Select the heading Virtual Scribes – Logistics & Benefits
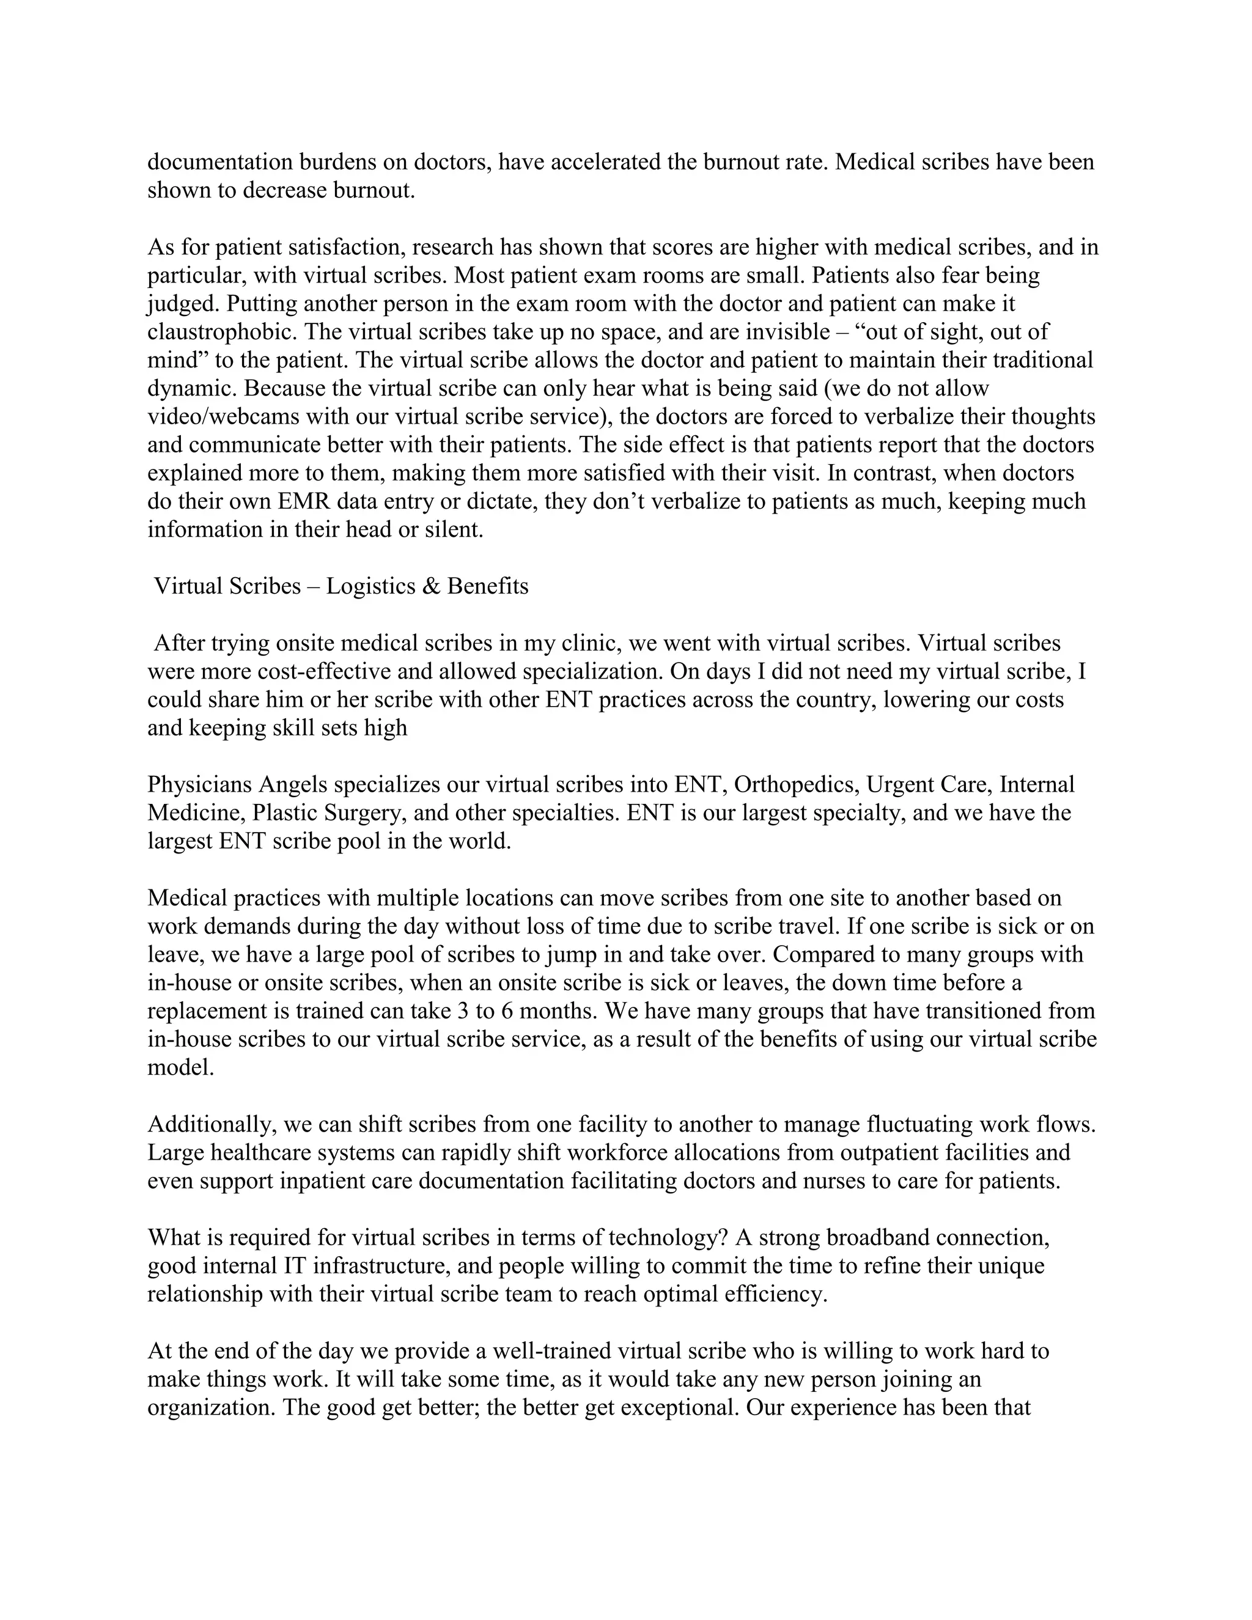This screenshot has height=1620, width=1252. pyautogui.click(x=341, y=586)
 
